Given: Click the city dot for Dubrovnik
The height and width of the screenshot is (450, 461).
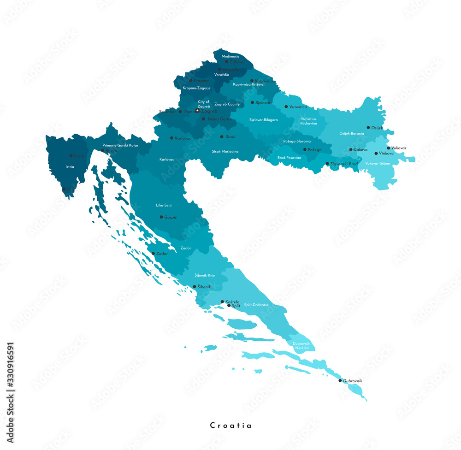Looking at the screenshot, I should click(x=340, y=380).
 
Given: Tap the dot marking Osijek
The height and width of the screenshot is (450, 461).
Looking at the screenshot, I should click(x=368, y=128).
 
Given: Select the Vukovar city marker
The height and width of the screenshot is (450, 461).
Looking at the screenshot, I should click(x=388, y=148).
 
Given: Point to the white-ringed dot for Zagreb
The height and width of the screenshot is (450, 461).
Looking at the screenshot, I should click(x=198, y=111).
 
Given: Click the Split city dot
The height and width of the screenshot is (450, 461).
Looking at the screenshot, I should click(x=229, y=305).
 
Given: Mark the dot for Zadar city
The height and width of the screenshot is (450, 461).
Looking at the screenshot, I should click(x=154, y=253).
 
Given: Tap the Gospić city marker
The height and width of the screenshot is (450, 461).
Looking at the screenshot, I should click(x=161, y=217).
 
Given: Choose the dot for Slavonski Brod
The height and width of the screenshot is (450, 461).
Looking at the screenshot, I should click(x=327, y=164).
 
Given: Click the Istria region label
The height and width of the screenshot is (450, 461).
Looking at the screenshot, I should click(x=70, y=166).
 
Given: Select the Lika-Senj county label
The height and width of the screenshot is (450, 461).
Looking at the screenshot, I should click(x=164, y=205).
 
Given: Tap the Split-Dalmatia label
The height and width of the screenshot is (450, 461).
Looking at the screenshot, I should click(x=256, y=305).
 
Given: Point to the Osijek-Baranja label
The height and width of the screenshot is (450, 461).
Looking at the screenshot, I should click(x=352, y=133).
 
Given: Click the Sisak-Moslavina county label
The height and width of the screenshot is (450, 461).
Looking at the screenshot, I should click(x=225, y=151).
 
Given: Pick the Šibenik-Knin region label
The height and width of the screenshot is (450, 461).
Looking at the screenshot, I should click(x=205, y=275).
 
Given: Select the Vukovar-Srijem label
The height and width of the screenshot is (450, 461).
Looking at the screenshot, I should click(x=378, y=163).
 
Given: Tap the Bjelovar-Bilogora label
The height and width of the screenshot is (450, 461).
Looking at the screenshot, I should click(x=264, y=119).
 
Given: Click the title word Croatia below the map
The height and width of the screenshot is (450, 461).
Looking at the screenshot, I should click(x=230, y=426).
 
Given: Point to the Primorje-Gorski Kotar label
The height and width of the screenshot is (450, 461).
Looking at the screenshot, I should click(x=120, y=145).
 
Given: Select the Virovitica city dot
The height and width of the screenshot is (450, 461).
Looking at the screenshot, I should click(x=286, y=107).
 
